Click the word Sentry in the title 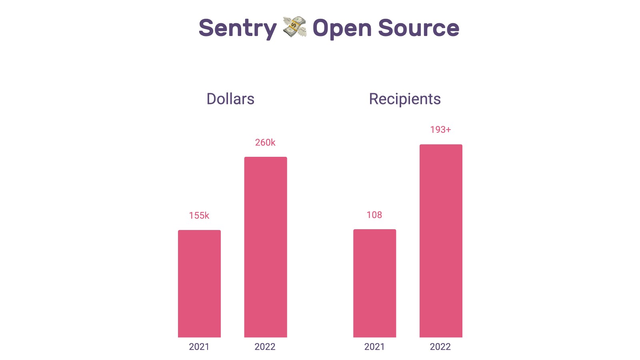[x=237, y=28]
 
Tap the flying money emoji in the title [x=294, y=27]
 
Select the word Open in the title [x=342, y=28]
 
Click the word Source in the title [x=418, y=28]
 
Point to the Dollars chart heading [x=230, y=99]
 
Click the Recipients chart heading [x=405, y=99]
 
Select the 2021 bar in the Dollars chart [x=199, y=284]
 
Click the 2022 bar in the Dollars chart [x=266, y=247]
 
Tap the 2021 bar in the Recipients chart [x=374, y=283]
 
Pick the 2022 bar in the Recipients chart [x=441, y=241]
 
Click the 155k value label [x=199, y=216]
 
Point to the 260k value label [x=265, y=142]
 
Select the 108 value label [x=374, y=215]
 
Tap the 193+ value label [x=440, y=130]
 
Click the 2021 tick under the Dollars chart [x=199, y=347]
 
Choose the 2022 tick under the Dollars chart [x=265, y=347]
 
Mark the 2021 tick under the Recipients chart [x=374, y=347]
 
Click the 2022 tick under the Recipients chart [x=440, y=347]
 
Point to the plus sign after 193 [x=448, y=130]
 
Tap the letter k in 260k [x=273, y=142]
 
